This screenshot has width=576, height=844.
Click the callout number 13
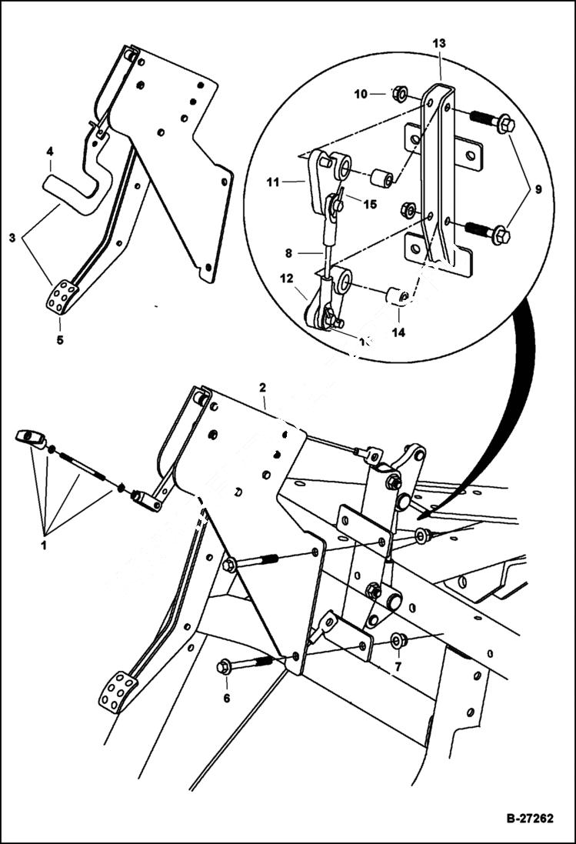coord(439,44)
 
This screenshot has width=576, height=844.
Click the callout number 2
coord(263,386)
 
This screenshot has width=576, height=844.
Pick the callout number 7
coord(398,666)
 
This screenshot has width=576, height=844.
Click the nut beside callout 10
coord(398,95)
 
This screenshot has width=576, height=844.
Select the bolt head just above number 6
coord(224,666)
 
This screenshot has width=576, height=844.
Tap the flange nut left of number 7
coord(398,640)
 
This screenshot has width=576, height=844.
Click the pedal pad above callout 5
coord(62,297)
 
